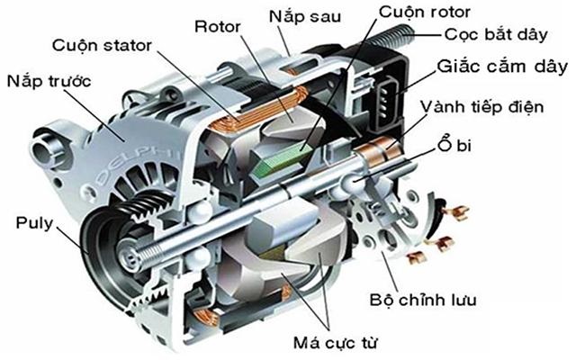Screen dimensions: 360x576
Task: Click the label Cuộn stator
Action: point(102,44)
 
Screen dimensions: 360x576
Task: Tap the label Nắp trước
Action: point(52,80)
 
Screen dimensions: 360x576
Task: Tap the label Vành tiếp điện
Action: point(497,108)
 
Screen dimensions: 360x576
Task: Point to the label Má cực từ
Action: point(336,343)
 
